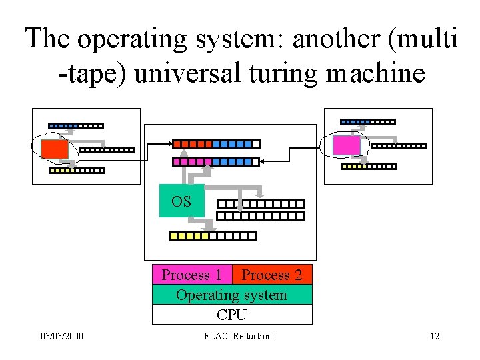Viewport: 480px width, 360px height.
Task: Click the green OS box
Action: tap(181, 201)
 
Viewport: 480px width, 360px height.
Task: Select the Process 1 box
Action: tap(192, 275)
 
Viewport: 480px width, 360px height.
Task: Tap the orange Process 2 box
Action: tap(271, 275)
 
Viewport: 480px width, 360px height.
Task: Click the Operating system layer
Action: tap(231, 295)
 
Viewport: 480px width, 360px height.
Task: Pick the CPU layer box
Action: tap(231, 315)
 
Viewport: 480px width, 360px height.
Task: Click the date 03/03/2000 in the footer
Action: tap(61, 336)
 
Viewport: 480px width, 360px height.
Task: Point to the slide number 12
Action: tap(435, 336)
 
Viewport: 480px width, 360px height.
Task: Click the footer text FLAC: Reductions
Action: tap(240, 336)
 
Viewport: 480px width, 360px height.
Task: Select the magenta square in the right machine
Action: tap(346, 145)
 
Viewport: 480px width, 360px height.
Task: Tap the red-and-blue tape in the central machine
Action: tap(216, 143)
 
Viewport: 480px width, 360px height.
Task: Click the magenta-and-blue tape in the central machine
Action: tap(216, 161)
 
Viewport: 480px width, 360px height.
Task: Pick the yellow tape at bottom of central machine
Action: tap(212, 236)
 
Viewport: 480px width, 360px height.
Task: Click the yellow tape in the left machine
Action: tap(77, 171)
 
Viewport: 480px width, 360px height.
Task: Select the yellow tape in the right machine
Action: tap(369, 167)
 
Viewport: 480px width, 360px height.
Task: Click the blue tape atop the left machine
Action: tap(76, 125)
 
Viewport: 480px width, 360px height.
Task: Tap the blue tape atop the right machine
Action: tap(367, 122)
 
